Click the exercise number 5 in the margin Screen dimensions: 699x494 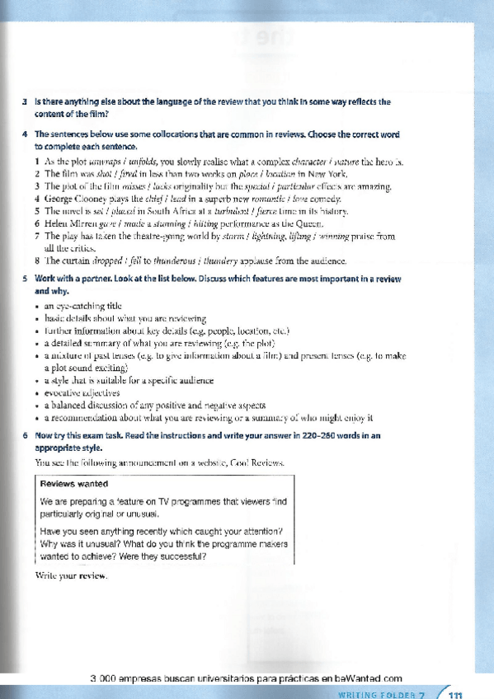26,279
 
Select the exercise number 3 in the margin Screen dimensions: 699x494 26,101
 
